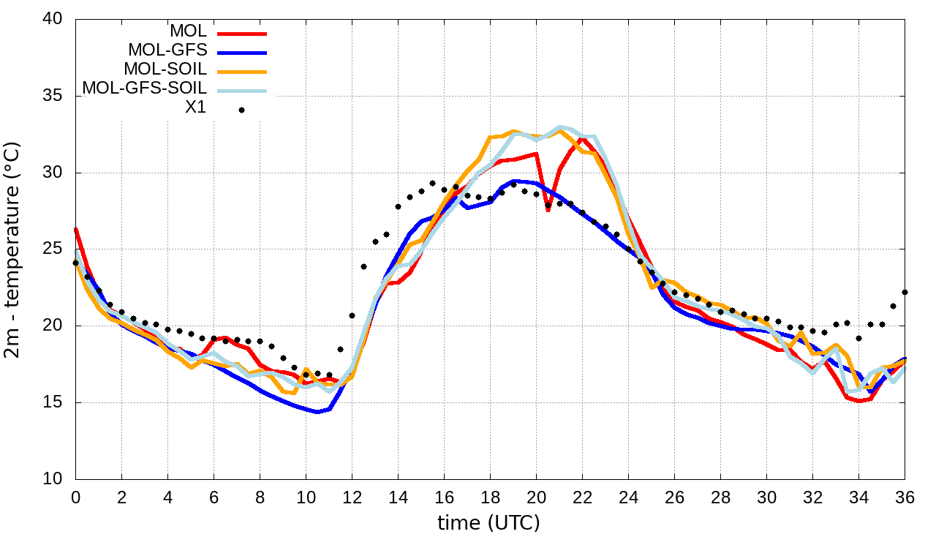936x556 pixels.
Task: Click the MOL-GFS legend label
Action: pyautogui.click(x=167, y=50)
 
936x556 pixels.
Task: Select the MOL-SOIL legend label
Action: pyautogui.click(x=165, y=69)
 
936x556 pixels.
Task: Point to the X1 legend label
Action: pyautogui.click(x=196, y=108)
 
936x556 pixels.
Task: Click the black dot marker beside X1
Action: pyautogui.click(x=241, y=110)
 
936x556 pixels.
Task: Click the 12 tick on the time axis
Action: pyautogui.click(x=352, y=497)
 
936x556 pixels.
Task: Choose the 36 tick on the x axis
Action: pyautogui.click(x=905, y=497)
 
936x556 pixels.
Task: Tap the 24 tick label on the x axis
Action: pyautogui.click(x=628, y=497)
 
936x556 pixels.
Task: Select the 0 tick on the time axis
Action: pyautogui.click(x=75, y=497)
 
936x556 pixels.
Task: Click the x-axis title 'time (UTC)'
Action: pyautogui.click(x=488, y=523)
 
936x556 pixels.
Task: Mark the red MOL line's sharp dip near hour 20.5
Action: pyautogui.click(x=548, y=210)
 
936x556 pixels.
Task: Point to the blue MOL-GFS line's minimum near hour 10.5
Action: pyautogui.click(x=317, y=412)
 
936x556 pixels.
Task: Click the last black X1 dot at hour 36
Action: pyautogui.click(x=905, y=292)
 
